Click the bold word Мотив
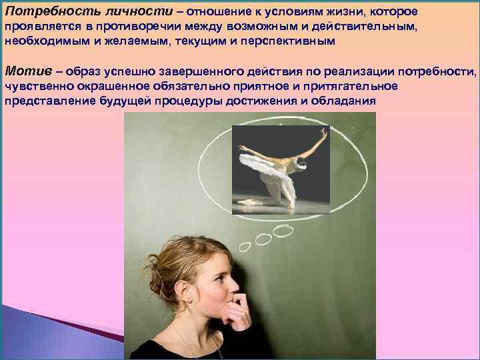point(24,71)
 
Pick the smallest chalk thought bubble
point(245,246)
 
